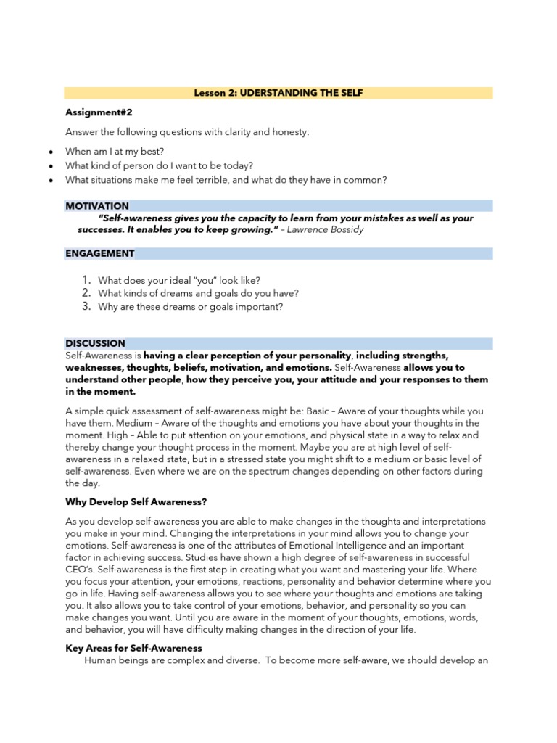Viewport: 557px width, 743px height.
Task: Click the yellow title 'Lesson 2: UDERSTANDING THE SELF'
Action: pyautogui.click(x=278, y=93)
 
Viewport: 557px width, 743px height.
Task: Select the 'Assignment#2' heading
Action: pyautogui.click(x=99, y=112)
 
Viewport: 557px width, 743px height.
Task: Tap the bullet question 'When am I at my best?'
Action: pyautogui.click(x=115, y=151)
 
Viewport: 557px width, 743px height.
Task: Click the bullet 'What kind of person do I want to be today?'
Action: pyautogui.click(x=159, y=165)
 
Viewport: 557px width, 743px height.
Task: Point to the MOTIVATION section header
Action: pyautogui.click(x=97, y=206)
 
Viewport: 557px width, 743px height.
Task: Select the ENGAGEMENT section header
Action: pyautogui.click(x=100, y=253)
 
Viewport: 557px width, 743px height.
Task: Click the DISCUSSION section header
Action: pyautogui.click(x=95, y=343)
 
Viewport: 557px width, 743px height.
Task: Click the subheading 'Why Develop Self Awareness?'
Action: pyautogui.click(x=136, y=501)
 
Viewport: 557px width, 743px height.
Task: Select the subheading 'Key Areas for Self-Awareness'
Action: pyautogui.click(x=133, y=648)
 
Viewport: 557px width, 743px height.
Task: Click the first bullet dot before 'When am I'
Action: pyautogui.click(x=49, y=152)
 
